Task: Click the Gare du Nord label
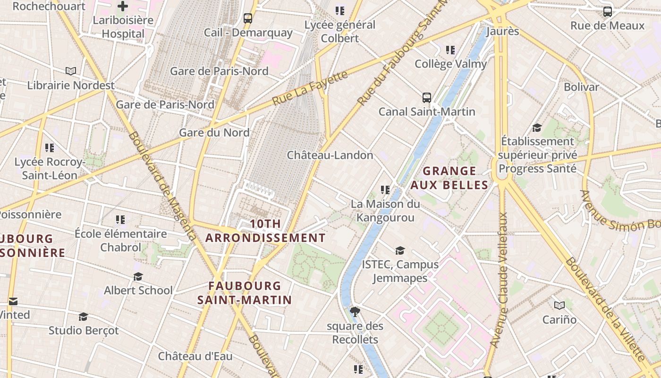point(214,133)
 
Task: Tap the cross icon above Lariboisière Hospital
point(123,6)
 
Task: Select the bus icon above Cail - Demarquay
point(248,18)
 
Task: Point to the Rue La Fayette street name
point(310,88)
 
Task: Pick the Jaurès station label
point(502,32)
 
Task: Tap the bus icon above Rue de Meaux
point(608,12)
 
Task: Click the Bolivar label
point(581,87)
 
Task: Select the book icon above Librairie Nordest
point(71,71)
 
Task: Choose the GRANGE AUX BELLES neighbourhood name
point(449,178)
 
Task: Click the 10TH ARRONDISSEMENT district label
point(265,231)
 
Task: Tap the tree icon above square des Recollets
point(355,311)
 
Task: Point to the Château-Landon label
point(330,155)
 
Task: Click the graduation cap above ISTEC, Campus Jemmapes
point(400,250)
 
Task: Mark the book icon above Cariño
point(559,305)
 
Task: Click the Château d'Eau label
point(195,356)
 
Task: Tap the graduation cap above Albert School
point(138,276)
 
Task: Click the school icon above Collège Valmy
point(450,50)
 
